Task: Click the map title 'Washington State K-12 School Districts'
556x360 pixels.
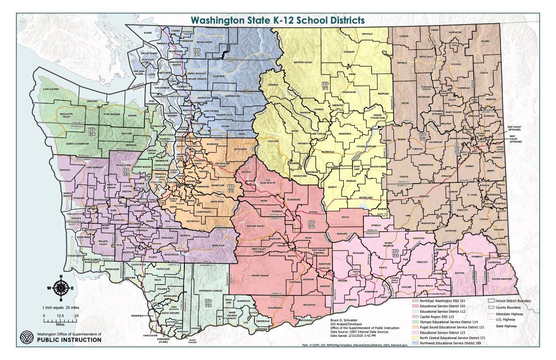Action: point(278,20)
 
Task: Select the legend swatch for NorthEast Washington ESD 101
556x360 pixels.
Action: point(416,301)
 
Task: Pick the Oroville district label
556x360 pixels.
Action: point(367,35)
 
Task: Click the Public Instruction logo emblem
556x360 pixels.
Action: point(27,339)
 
